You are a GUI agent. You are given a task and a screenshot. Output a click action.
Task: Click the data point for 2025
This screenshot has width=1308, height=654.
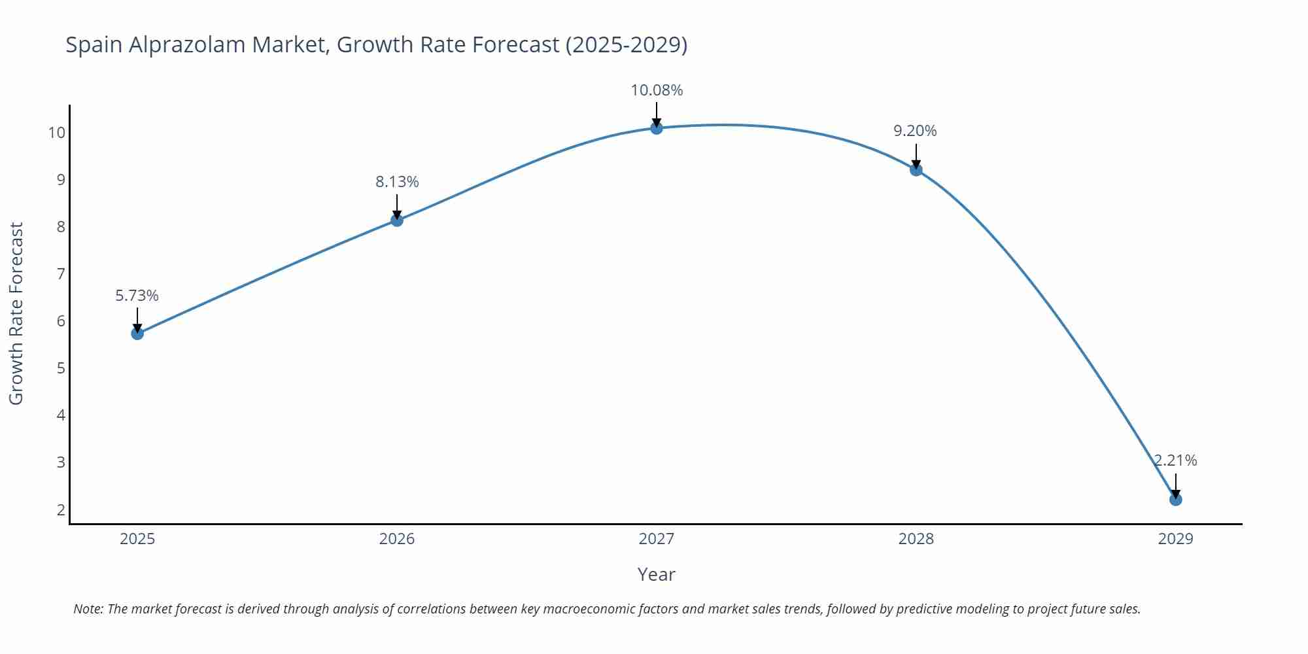coord(137,334)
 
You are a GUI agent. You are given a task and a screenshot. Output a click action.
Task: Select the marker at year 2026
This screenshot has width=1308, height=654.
coord(397,220)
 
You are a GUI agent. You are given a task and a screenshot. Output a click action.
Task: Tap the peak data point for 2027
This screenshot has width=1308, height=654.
coord(657,128)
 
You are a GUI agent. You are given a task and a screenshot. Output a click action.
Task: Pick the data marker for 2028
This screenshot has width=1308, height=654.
coord(916,170)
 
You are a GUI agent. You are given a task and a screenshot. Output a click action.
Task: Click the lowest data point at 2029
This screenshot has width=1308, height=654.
coord(1175,500)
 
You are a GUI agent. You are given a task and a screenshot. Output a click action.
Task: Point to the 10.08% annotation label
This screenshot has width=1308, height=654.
coord(657,90)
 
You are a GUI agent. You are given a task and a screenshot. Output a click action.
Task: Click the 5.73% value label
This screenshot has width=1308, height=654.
coord(137,296)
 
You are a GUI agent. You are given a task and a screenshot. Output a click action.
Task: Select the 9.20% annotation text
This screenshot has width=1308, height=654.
coord(915,131)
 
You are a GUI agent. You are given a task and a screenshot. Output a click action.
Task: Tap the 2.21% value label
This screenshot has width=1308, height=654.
coord(1175,460)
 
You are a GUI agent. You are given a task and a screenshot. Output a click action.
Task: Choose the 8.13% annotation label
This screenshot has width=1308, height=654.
coord(397,182)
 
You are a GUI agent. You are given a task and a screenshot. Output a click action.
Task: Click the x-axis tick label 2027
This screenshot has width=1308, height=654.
coord(657,539)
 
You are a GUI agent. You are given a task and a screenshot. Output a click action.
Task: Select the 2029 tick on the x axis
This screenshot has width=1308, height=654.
coord(1175,539)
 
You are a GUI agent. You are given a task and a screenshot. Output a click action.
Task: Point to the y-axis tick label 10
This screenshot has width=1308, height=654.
coord(57,133)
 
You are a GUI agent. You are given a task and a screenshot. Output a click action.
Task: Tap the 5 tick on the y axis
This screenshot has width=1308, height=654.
coord(61,368)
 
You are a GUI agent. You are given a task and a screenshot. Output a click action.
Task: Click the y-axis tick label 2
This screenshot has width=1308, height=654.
coord(61,509)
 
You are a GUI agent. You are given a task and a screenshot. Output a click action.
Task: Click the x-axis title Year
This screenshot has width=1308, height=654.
coord(656,574)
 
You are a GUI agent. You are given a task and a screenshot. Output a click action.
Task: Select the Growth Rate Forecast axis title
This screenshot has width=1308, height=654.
coord(16,313)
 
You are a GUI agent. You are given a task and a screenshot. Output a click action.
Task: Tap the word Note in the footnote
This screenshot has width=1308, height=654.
coord(88,609)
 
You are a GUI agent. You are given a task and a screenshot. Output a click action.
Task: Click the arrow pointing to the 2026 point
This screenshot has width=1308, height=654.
coord(397,206)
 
